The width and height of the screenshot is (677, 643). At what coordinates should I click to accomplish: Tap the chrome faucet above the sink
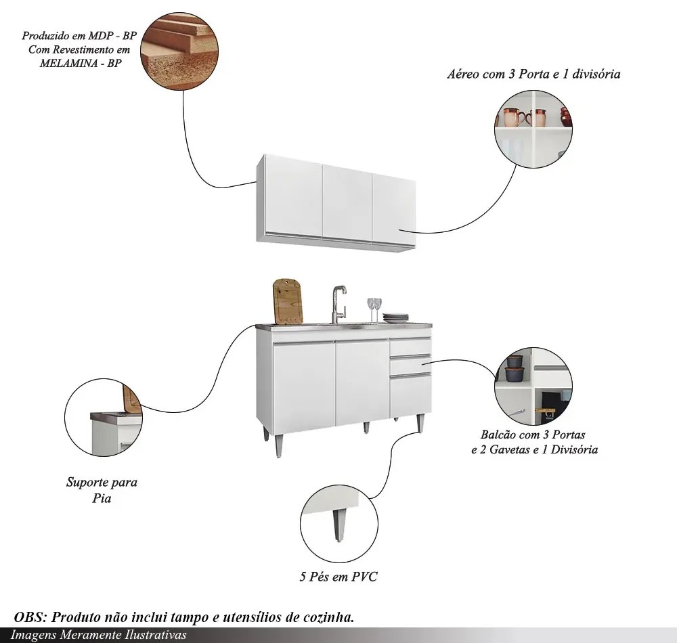pyautogui.click(x=336, y=304)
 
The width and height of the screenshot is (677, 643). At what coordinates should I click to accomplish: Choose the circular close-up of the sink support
pyautogui.click(x=103, y=418)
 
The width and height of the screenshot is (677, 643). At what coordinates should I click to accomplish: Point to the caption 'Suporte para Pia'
pyautogui.click(x=102, y=491)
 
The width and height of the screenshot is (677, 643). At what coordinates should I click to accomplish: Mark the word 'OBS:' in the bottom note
pyautogui.click(x=29, y=618)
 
